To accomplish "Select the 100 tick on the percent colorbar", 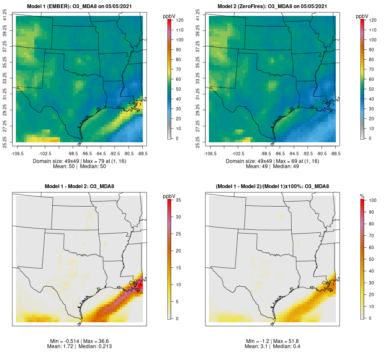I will [x=373, y=200].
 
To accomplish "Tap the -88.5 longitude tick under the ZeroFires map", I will [x=335, y=153].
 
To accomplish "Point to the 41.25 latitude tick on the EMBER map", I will [x=5, y=16].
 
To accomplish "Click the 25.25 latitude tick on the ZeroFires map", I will [x=198, y=142].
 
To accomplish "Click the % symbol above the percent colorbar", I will [x=362, y=196].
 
